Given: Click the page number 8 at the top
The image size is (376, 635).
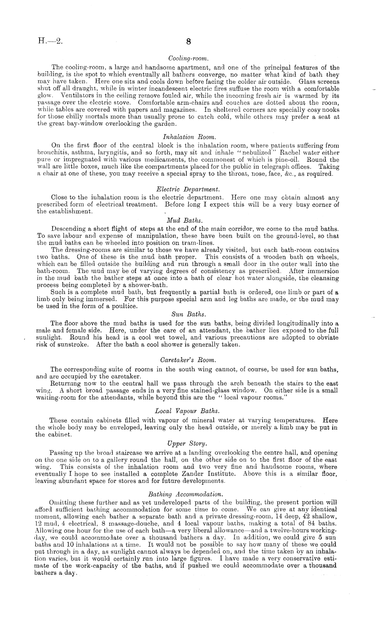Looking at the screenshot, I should (x=188, y=42).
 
